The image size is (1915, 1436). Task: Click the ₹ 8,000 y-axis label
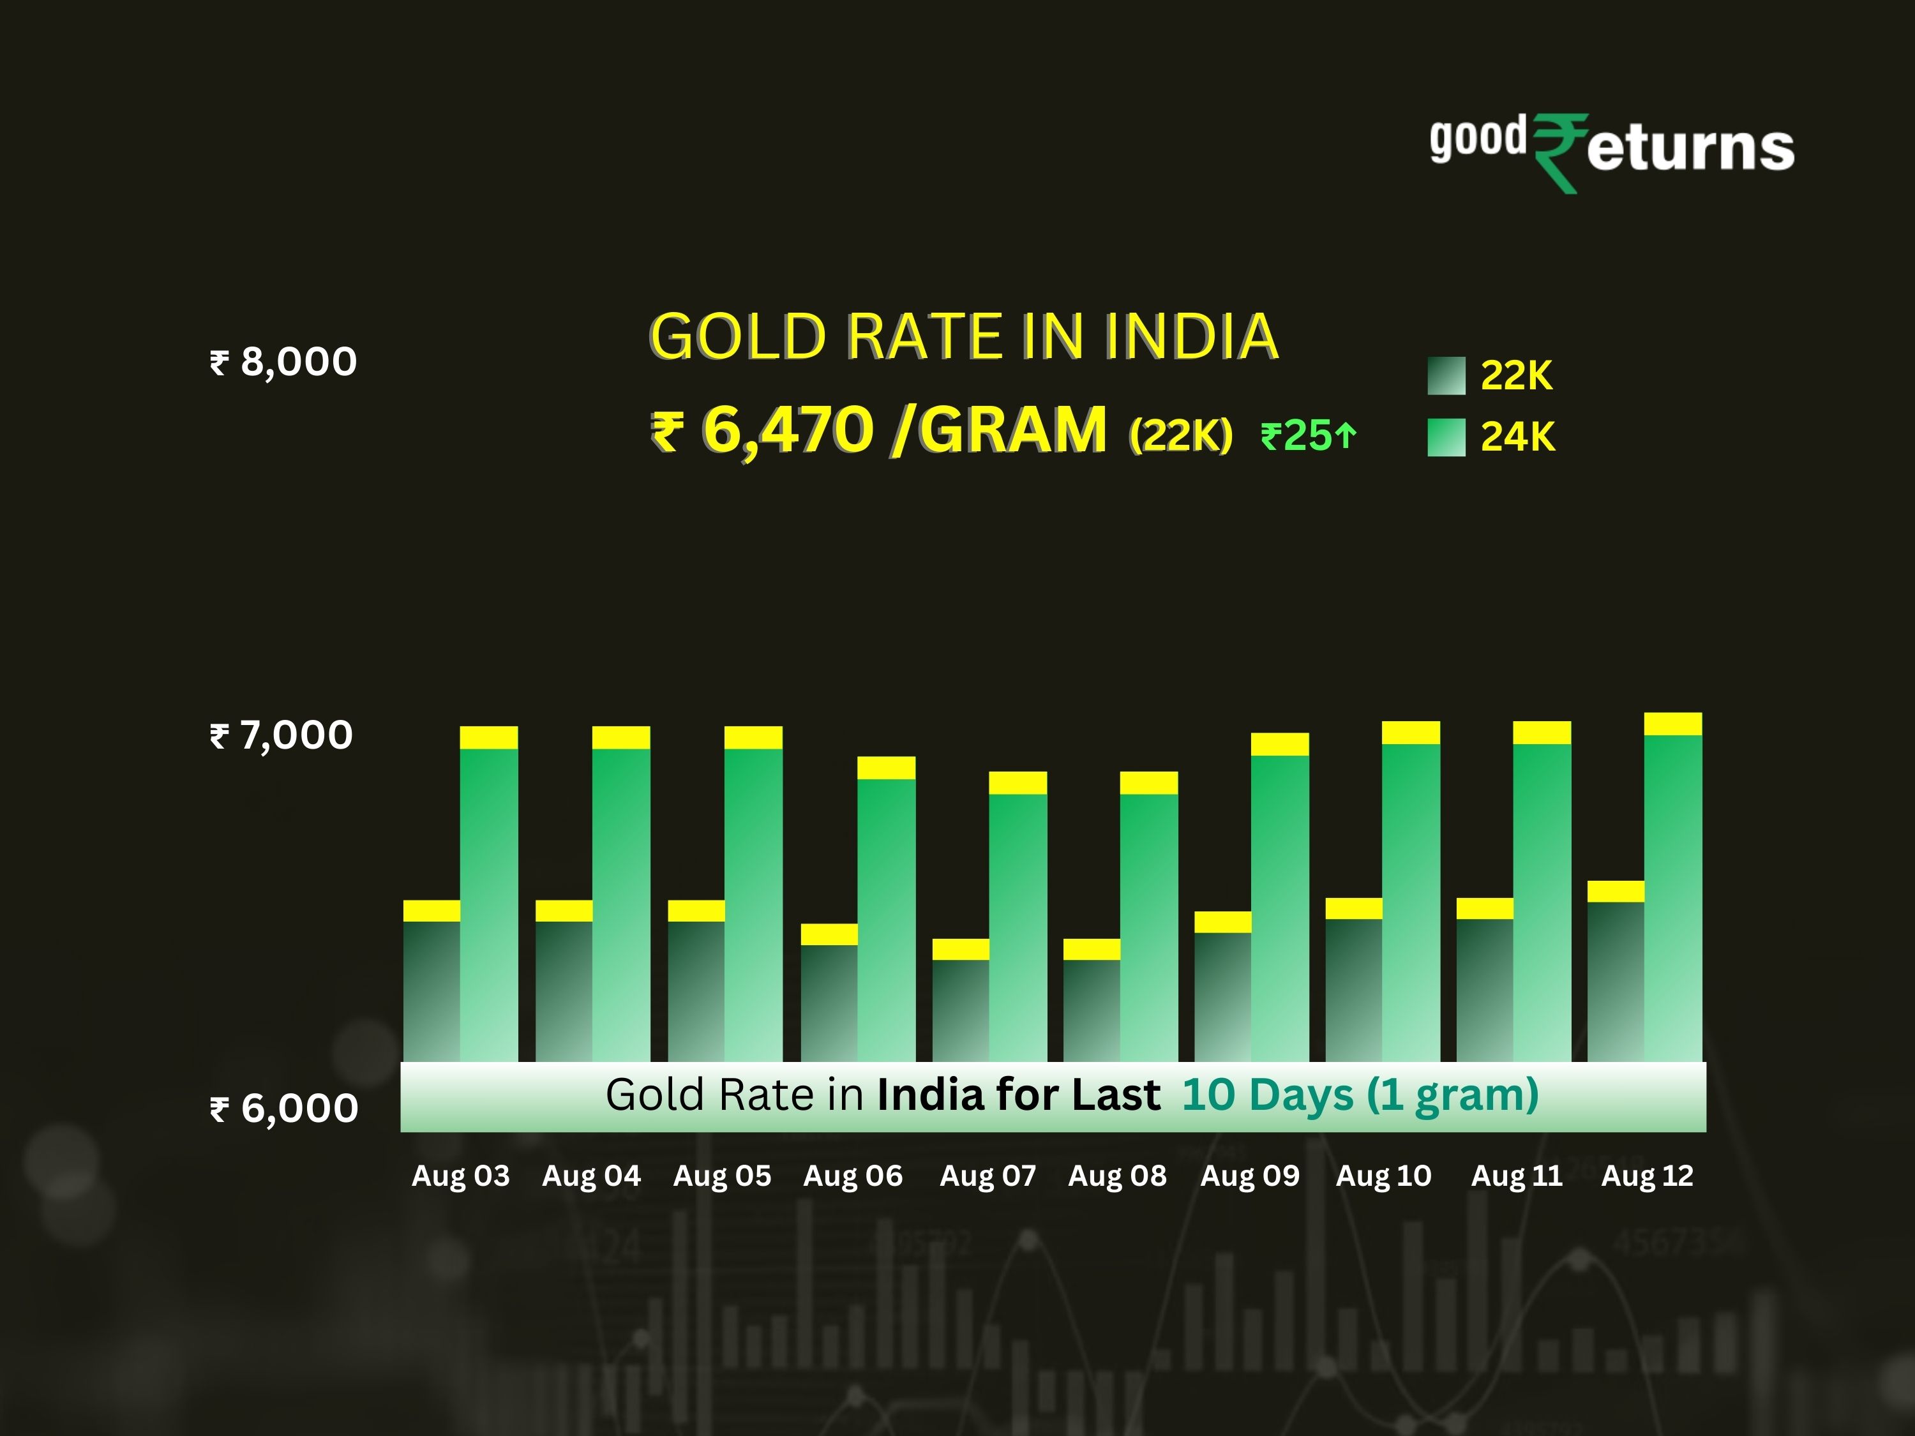(x=283, y=362)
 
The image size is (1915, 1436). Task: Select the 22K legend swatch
(x=1446, y=376)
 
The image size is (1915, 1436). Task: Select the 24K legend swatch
(x=1446, y=437)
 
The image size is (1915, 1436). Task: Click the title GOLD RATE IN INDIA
(x=963, y=337)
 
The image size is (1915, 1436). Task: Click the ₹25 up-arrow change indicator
(x=1307, y=435)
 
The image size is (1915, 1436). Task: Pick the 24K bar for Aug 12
(x=1672, y=900)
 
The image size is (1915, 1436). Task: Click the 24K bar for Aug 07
(x=1018, y=926)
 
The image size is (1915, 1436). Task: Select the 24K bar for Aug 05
(x=753, y=904)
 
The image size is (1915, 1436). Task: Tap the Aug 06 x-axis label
(x=853, y=1176)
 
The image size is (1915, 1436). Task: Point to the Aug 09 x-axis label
(x=1249, y=1176)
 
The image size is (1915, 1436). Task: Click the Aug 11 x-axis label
(x=1517, y=1176)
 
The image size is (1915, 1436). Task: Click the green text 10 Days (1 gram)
(x=1360, y=1095)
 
